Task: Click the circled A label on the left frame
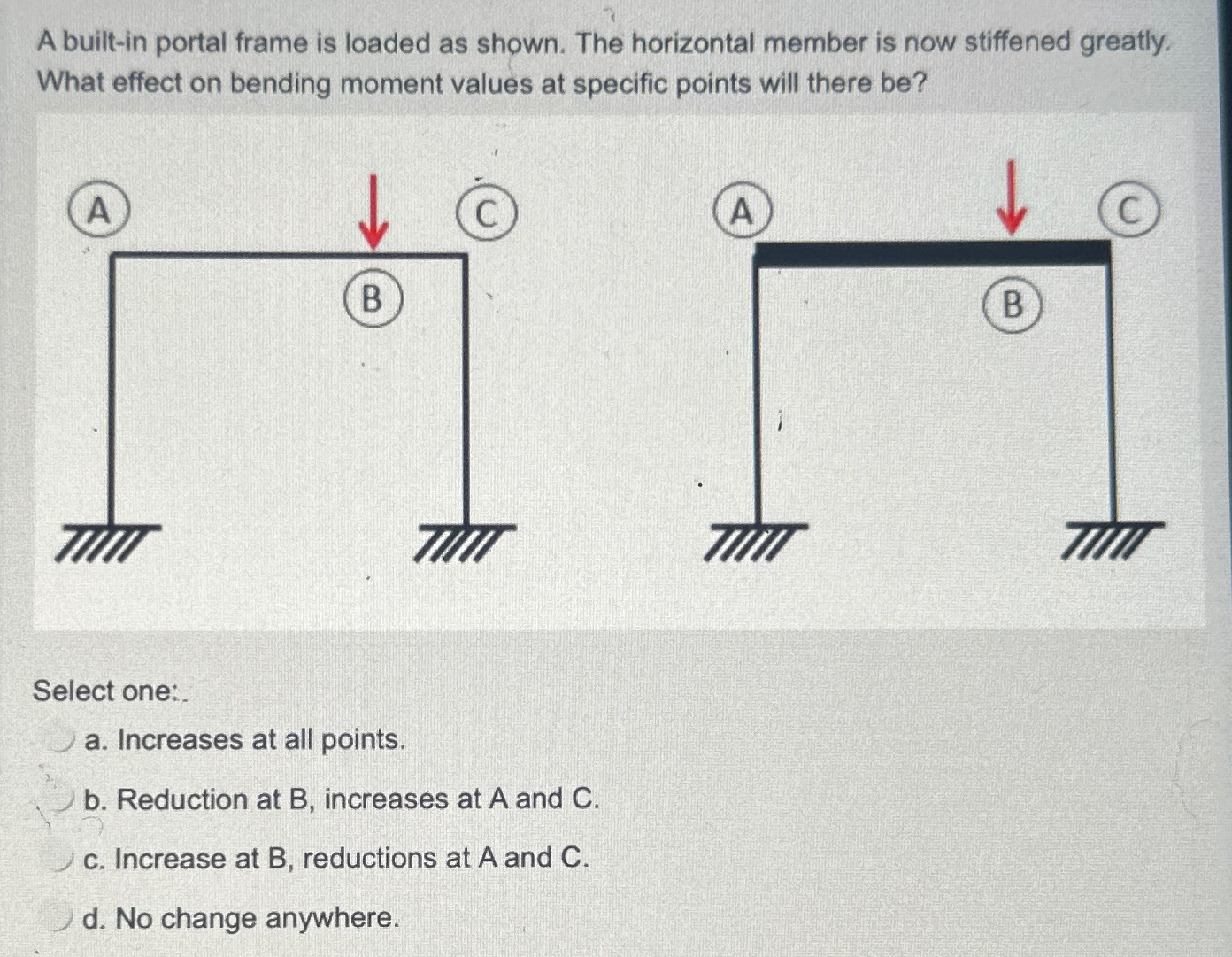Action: (99, 211)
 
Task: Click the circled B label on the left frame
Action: (373, 299)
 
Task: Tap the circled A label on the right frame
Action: (742, 212)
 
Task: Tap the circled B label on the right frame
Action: (1013, 305)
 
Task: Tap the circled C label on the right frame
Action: (1128, 211)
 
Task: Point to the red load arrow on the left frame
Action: (373, 212)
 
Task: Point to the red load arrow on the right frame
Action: (1011, 198)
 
